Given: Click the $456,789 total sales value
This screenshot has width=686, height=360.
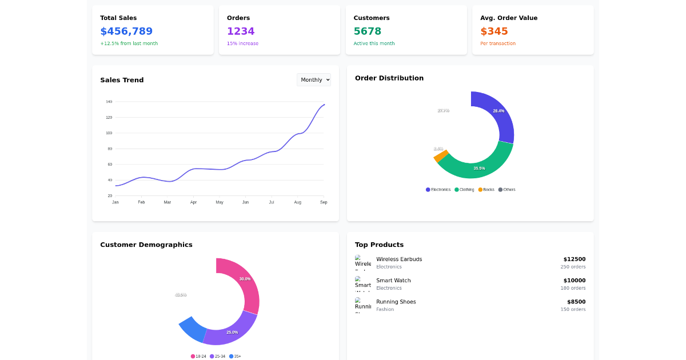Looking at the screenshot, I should [126, 31].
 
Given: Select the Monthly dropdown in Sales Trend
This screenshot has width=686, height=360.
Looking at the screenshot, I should [313, 80].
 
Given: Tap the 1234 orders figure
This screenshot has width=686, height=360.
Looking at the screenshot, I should [241, 31].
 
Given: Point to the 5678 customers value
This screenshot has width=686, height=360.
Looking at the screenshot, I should [367, 31].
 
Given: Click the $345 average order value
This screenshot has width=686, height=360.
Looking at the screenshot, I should [494, 31].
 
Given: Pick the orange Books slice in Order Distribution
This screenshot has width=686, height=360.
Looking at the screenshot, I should [440, 155].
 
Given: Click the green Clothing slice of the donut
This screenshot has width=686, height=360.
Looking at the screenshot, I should [480, 166].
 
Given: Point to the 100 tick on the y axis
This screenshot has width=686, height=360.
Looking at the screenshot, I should [109, 133].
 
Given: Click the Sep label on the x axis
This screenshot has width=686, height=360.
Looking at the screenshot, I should [324, 202].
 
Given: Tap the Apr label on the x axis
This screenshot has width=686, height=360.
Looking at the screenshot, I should [193, 202].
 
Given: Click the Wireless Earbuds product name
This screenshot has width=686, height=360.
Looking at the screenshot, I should [399, 259].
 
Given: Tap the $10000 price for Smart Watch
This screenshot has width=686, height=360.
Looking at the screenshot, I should [574, 281].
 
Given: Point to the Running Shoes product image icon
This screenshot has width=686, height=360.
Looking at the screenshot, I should [362, 305].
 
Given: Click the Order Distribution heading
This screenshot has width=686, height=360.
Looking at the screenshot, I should [389, 78].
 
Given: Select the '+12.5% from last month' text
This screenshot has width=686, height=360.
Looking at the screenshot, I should [129, 43].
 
